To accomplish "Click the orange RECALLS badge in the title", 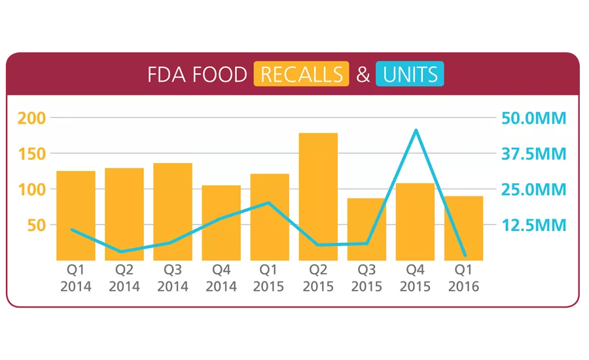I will pyautogui.click(x=302, y=75).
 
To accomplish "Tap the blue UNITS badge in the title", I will pyautogui.click(x=410, y=75).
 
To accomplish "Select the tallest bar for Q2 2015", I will pyautogui.click(x=318, y=196).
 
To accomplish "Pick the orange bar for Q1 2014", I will pyautogui.click(x=76, y=216).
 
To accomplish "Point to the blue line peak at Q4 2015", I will pyautogui.click(x=416, y=130).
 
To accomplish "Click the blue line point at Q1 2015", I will pyautogui.click(x=269, y=203).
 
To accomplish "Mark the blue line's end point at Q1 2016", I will pyautogui.click(x=464, y=255).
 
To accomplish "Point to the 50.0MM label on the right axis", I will pyautogui.click(x=533, y=118).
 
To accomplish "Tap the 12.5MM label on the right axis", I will pyautogui.click(x=533, y=225).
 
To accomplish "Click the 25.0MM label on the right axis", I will pyautogui.click(x=533, y=190).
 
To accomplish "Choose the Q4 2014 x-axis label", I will pyautogui.click(x=221, y=278).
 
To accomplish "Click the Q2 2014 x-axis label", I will pyautogui.click(x=124, y=278).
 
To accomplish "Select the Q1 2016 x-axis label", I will pyautogui.click(x=463, y=278).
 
